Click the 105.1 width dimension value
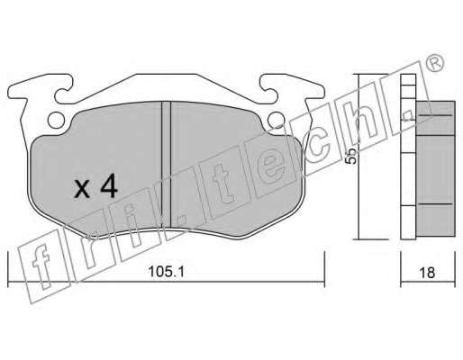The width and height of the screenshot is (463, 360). point(166,272)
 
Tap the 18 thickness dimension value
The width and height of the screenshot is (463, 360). point(427,273)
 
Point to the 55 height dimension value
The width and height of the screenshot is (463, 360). point(351,156)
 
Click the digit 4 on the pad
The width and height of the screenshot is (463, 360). point(109,186)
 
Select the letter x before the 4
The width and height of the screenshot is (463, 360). point(82,189)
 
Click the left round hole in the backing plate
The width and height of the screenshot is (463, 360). point(56,121)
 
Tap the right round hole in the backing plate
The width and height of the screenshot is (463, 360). point(276,120)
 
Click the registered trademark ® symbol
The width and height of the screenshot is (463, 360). point(434,63)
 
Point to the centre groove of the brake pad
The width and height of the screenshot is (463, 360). point(166,165)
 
